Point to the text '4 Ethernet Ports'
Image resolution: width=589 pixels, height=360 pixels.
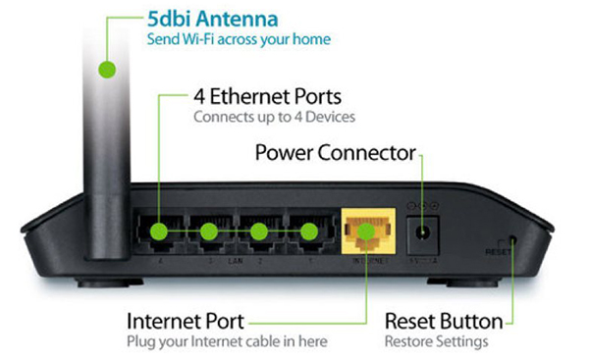pos(265,98)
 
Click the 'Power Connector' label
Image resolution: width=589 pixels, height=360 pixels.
pos(335,154)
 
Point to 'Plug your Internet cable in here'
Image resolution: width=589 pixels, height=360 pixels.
pos(227,341)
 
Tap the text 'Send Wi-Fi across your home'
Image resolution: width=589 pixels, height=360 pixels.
pos(239,39)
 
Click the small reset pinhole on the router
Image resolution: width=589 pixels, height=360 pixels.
pos(512,241)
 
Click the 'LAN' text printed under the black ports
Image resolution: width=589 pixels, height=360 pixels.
pos(233,263)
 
